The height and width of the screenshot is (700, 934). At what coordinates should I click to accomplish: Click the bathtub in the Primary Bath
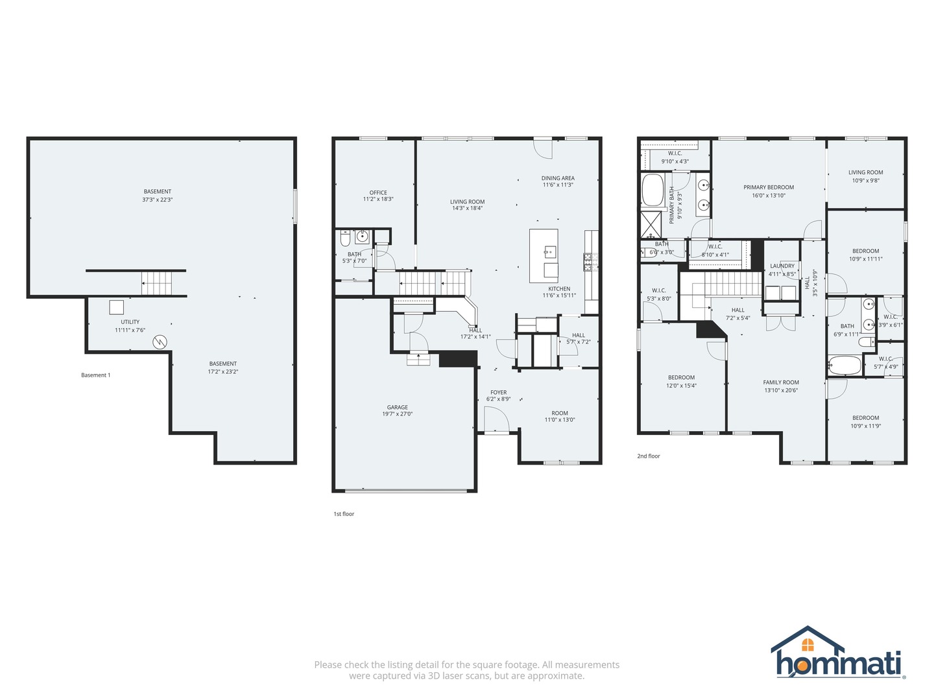pos(652,190)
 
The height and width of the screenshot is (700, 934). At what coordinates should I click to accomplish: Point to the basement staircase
pos(158,283)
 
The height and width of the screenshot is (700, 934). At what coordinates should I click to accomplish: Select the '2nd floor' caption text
pos(648,456)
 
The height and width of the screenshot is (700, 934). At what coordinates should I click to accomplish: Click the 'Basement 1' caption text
pos(95,375)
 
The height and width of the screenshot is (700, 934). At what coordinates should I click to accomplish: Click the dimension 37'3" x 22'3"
pos(158,200)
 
